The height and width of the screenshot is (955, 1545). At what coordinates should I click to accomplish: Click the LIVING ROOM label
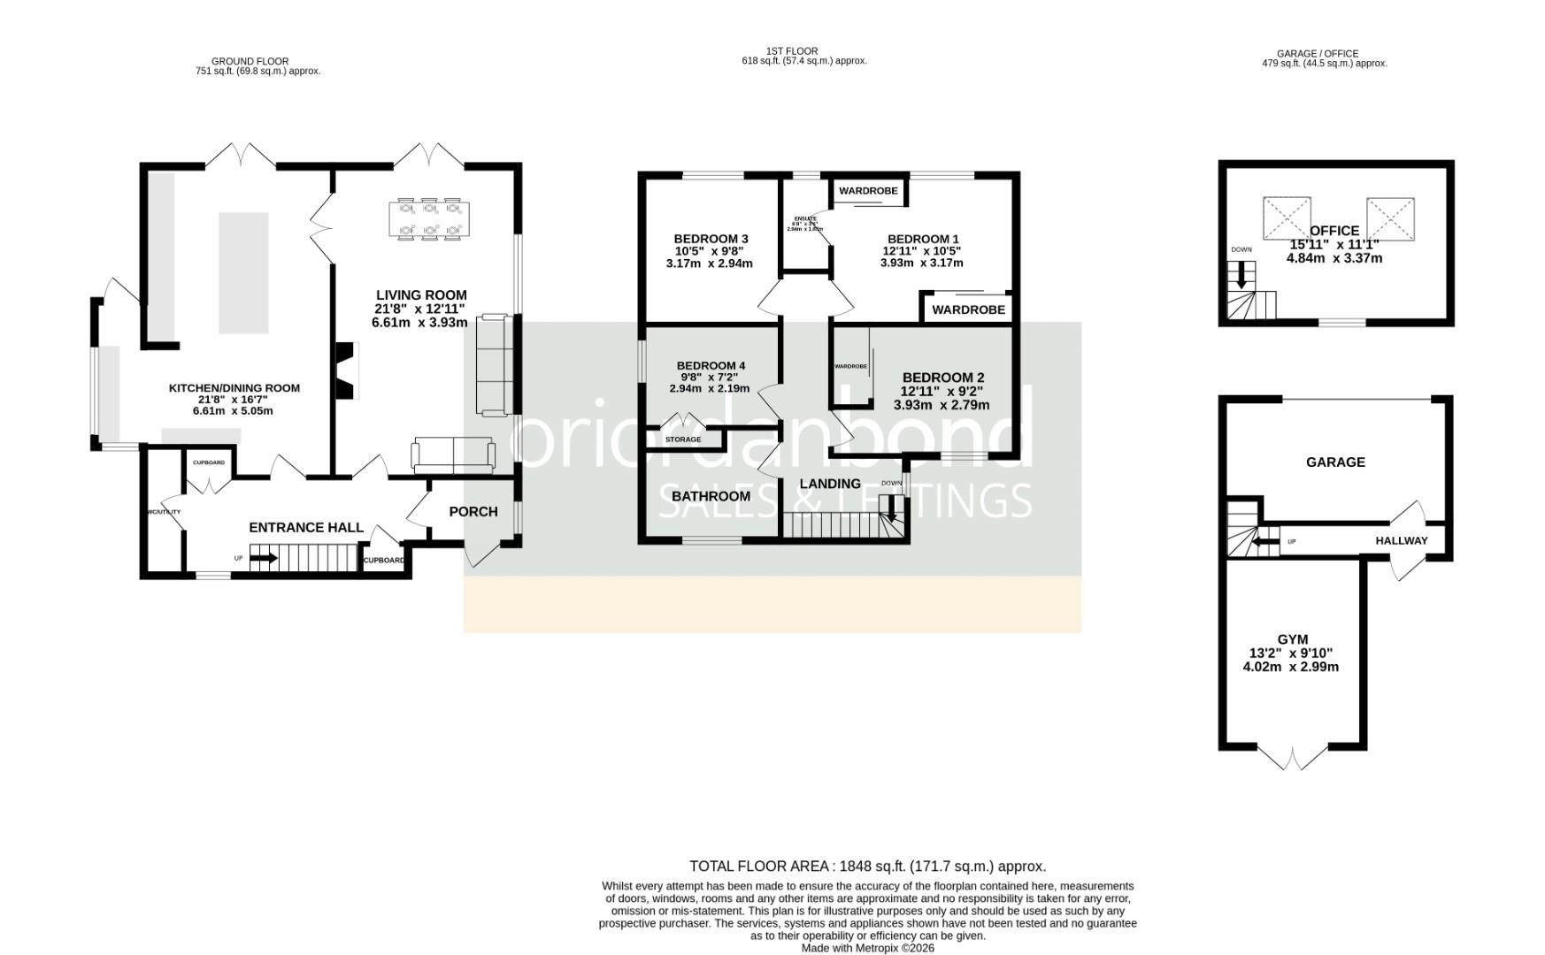420,295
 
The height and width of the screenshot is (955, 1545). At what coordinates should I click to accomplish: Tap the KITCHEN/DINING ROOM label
234,388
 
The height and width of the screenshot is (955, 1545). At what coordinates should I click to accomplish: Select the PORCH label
473,512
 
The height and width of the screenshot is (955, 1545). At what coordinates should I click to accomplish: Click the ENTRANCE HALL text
306,528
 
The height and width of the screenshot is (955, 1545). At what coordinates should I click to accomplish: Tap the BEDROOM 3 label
711,239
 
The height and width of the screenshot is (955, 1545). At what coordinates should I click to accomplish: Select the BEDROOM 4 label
711,366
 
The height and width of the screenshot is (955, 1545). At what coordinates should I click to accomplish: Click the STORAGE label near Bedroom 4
683,439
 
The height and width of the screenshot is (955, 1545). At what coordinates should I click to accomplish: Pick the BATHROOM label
711,496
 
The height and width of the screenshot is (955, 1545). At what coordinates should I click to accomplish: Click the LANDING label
830,484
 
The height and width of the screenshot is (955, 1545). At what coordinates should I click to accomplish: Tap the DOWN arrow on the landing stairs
892,508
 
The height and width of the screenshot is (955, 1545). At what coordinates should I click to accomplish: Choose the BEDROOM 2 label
942,378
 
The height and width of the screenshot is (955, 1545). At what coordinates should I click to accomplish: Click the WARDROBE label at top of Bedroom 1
868,191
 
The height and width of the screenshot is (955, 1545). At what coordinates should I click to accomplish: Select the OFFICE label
1334,231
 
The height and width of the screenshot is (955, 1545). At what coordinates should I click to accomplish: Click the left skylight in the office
1286,218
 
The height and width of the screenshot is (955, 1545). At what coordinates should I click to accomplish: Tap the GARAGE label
1335,462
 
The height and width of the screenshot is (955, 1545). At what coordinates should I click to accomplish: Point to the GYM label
1292,639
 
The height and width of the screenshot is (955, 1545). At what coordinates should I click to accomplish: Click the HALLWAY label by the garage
1401,541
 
